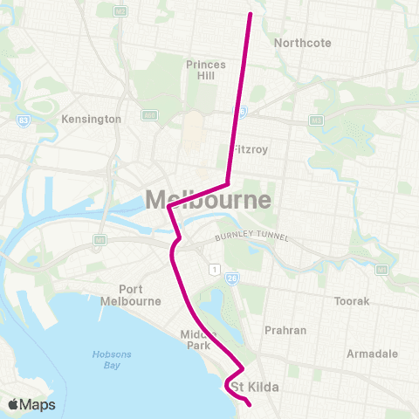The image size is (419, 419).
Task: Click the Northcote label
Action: [299, 42]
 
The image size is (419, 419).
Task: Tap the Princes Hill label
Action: [206, 70]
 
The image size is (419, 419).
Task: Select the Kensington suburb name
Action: [91, 119]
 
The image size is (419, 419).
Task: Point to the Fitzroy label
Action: [250, 149]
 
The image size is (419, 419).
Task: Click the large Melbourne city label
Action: [208, 199]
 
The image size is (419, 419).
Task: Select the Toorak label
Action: [353, 301]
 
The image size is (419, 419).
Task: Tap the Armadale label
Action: [372, 354]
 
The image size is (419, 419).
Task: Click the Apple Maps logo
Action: [31, 404]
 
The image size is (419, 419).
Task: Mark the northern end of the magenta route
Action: [251, 14]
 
